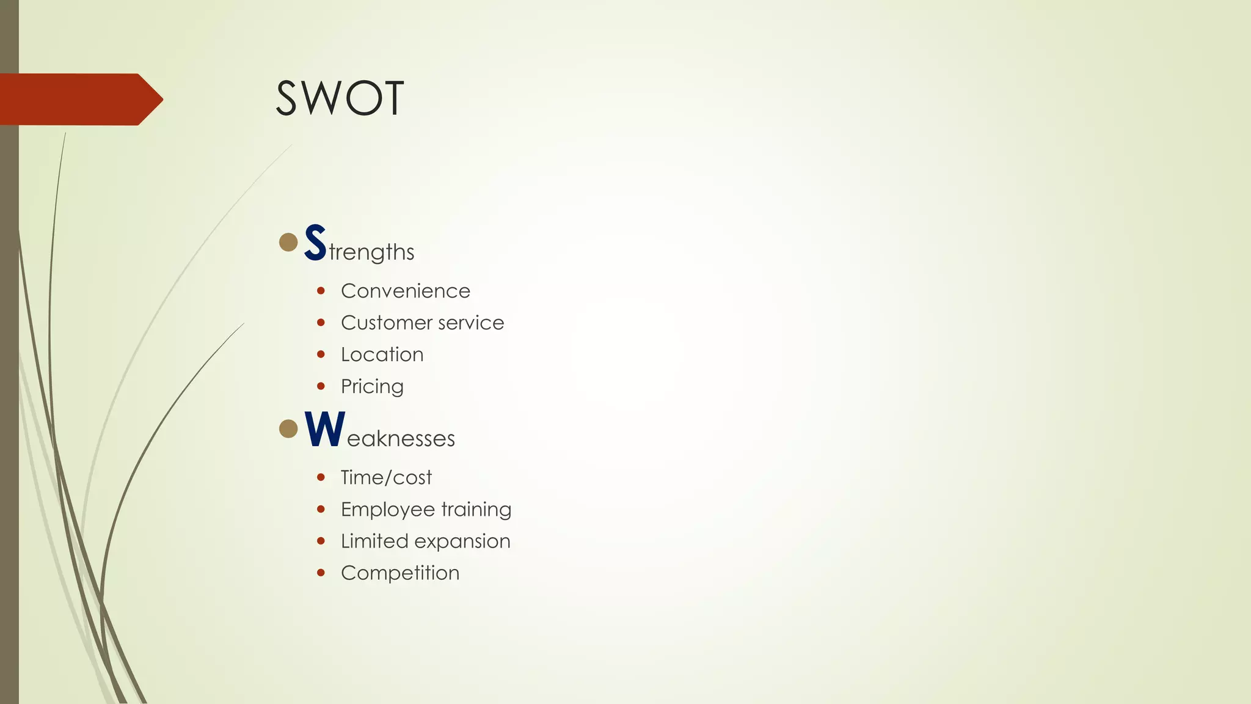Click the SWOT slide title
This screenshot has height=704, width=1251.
point(340,98)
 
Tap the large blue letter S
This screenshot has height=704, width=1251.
point(315,243)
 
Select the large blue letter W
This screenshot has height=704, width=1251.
point(325,429)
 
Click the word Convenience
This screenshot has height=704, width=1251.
point(406,291)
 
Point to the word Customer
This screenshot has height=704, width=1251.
point(384,323)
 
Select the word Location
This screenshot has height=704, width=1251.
point(382,354)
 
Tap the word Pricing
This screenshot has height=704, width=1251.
point(372,387)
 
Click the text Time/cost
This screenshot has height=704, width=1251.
point(386,477)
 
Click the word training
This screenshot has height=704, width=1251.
point(476,510)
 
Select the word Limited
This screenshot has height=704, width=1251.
point(374,541)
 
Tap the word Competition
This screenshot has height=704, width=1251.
point(400,573)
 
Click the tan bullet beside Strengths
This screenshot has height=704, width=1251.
point(288,242)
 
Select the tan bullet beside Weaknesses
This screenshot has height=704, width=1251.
point(288,428)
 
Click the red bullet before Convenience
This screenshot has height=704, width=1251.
point(321,291)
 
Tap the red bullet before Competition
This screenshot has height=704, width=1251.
point(321,573)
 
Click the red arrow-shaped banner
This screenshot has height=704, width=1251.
point(79,99)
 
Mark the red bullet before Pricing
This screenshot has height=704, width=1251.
point(321,386)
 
